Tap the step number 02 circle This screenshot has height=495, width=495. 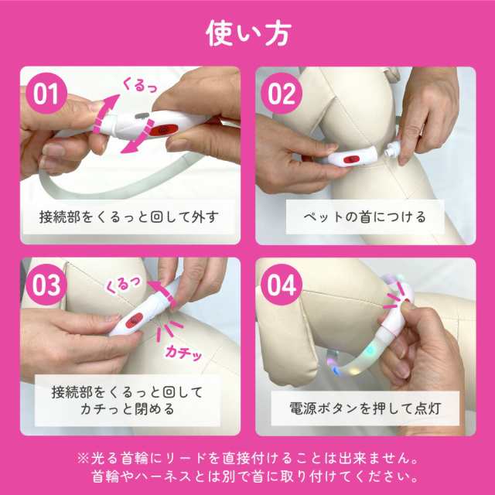click(x=283, y=94)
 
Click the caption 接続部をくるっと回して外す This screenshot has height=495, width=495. click(x=128, y=217)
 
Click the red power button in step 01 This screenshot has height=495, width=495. click(x=164, y=130)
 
